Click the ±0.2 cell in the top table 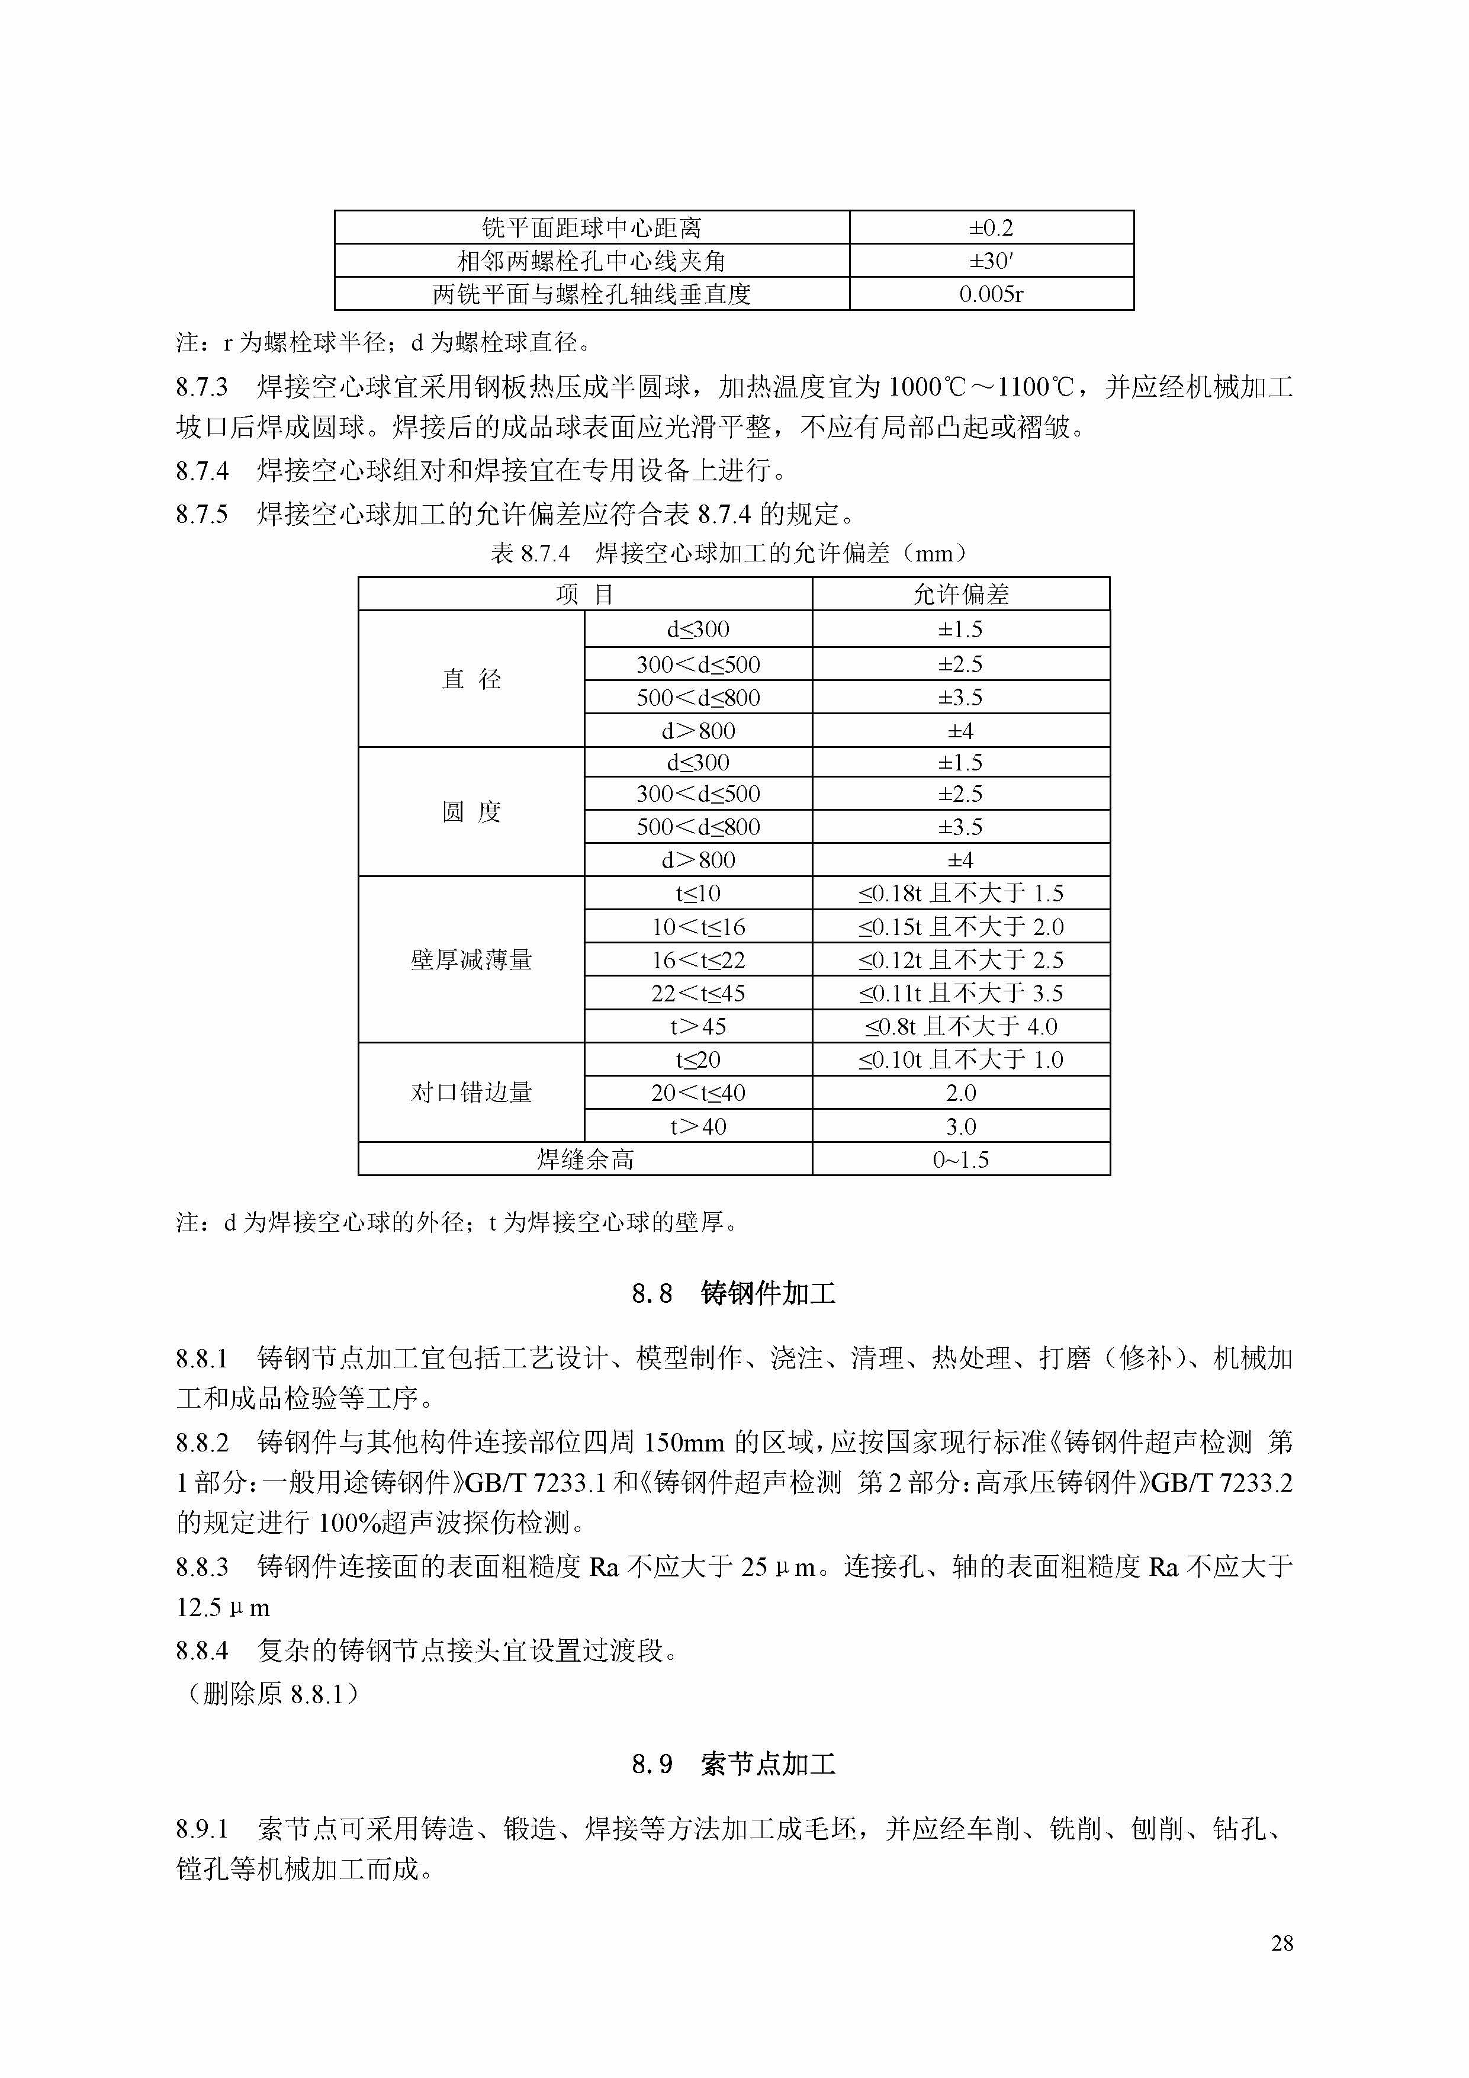click(x=991, y=228)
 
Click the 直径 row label click(x=471, y=679)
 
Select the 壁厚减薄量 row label click(x=471, y=959)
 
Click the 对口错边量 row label click(x=471, y=1093)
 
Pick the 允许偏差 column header click(x=960, y=595)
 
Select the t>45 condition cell click(x=698, y=1026)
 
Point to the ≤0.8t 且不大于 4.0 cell click(x=960, y=1026)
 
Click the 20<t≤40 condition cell click(x=698, y=1093)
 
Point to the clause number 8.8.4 click(x=202, y=1651)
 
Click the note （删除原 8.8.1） click(x=272, y=1693)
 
